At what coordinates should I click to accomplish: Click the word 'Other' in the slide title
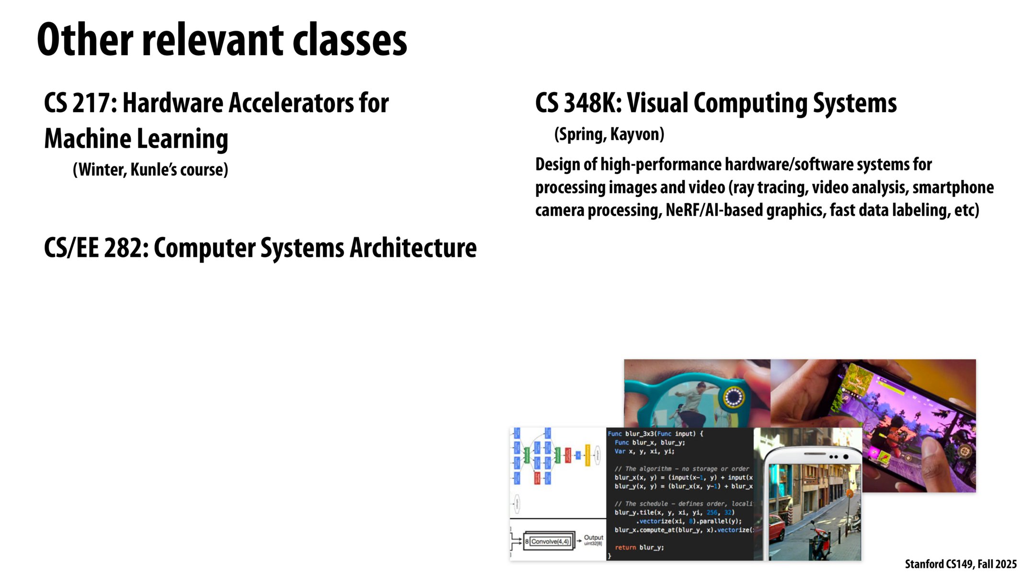(85, 40)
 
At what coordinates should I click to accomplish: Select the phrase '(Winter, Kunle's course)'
(150, 170)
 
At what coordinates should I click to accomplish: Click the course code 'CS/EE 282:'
(96, 248)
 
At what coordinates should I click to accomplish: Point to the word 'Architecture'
(413, 248)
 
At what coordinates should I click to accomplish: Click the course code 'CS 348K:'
(578, 103)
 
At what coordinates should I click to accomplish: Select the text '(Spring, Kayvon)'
(609, 134)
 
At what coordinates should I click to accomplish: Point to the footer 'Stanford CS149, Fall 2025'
(960, 564)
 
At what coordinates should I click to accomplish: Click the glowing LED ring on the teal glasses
(733, 396)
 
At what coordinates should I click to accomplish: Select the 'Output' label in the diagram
(593, 538)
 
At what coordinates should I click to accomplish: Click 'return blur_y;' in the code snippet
(639, 547)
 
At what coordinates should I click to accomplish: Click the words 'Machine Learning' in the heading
(136, 139)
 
